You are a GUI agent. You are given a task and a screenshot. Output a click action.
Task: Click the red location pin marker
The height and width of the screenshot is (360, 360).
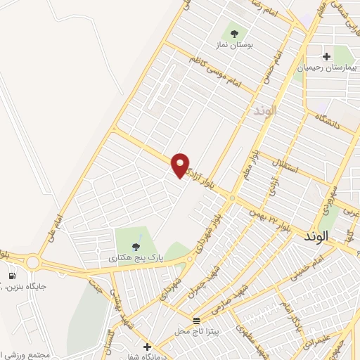[181, 165]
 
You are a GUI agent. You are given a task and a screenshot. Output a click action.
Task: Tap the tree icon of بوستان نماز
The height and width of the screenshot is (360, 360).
[233, 32]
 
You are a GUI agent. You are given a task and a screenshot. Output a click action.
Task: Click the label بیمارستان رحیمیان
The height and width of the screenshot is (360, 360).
[326, 68]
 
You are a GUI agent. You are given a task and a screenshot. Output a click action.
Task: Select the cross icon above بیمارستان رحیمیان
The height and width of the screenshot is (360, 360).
[326, 56]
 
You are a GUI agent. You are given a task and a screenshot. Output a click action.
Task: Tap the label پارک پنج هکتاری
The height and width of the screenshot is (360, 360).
[135, 258]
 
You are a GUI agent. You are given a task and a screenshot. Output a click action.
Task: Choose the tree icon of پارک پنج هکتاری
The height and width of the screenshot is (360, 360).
[136, 246]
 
